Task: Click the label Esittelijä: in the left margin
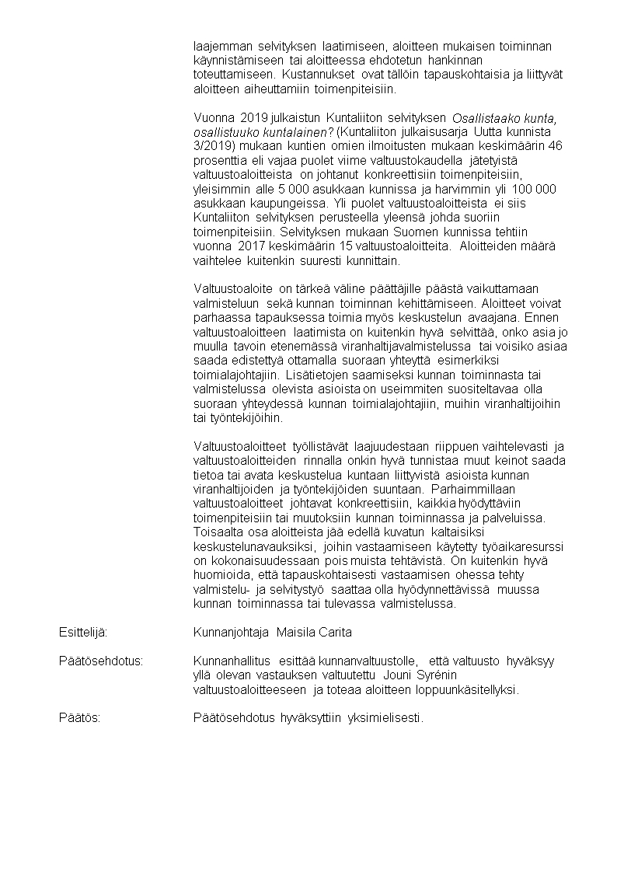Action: click(x=83, y=633)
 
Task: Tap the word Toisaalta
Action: click(x=219, y=532)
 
